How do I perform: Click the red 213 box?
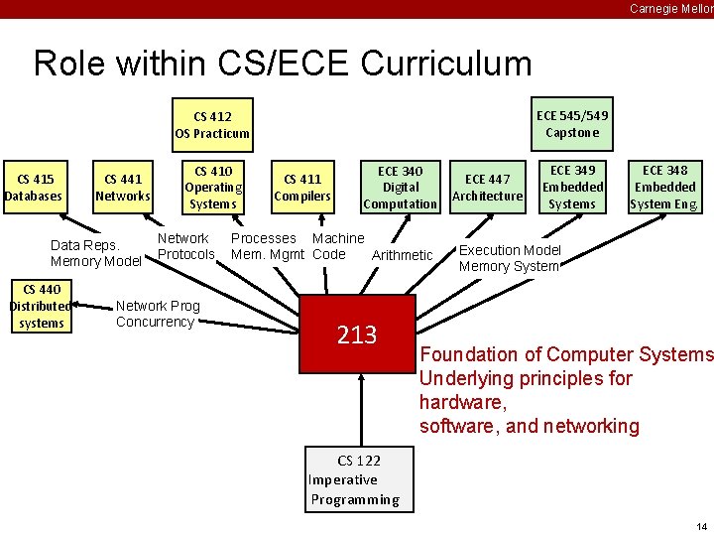[x=357, y=336]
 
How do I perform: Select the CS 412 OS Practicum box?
[x=212, y=125]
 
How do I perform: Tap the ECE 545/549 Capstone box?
[x=572, y=124]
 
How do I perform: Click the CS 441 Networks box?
[x=123, y=188]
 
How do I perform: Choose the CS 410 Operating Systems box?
[x=213, y=188]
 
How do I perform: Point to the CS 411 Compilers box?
[x=302, y=188]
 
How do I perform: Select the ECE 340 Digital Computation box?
[x=401, y=188]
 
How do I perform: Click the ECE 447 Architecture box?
[x=487, y=188]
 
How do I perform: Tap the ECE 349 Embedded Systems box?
[x=572, y=188]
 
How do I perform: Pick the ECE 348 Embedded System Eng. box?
[x=664, y=188]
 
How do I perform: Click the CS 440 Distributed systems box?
[x=41, y=307]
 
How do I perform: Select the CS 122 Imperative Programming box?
[x=357, y=480]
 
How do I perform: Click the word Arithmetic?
[x=402, y=255]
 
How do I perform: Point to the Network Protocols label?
[x=185, y=246]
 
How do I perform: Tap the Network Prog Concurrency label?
[x=157, y=314]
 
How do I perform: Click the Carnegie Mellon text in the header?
[x=670, y=9]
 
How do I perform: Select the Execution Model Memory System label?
[x=510, y=258]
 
